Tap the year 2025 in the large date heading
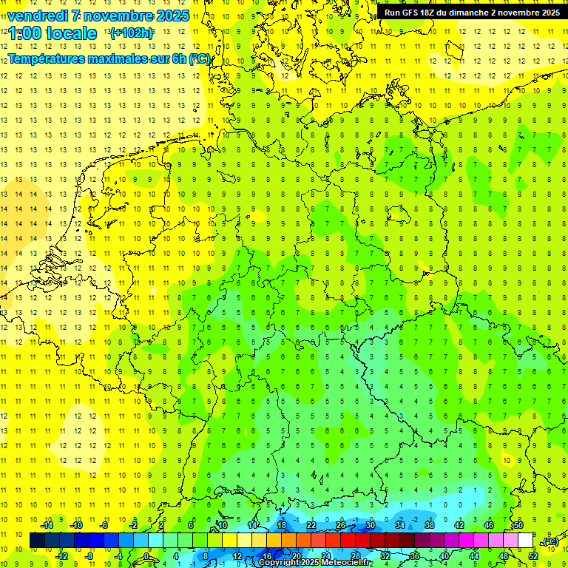click(x=169, y=16)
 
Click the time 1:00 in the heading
click(x=27, y=33)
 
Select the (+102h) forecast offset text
click(x=131, y=33)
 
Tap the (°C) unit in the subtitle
click(x=200, y=58)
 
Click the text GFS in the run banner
click(x=415, y=13)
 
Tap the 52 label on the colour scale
click(x=533, y=555)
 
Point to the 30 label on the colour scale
click(x=371, y=525)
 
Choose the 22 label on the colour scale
click(x=311, y=525)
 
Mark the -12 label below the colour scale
click(x=61, y=555)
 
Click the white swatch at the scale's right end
click(x=526, y=541)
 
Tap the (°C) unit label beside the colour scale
click(x=550, y=541)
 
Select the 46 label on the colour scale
click(x=489, y=525)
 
